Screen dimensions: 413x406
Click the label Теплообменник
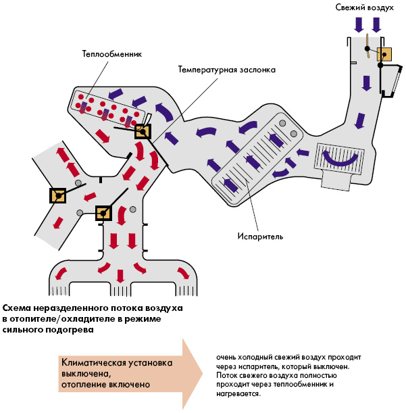[111, 53]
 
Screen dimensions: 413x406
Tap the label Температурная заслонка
[226, 69]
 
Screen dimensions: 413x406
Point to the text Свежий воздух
[364, 7]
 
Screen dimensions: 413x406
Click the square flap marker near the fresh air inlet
[384, 54]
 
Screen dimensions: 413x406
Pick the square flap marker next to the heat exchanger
[143, 131]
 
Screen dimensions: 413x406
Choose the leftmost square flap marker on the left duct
[58, 196]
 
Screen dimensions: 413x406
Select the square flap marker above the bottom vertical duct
[103, 214]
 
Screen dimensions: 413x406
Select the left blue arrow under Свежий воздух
[359, 24]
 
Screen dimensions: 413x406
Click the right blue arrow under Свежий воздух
[376, 24]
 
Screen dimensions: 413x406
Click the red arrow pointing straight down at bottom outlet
[120, 275]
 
